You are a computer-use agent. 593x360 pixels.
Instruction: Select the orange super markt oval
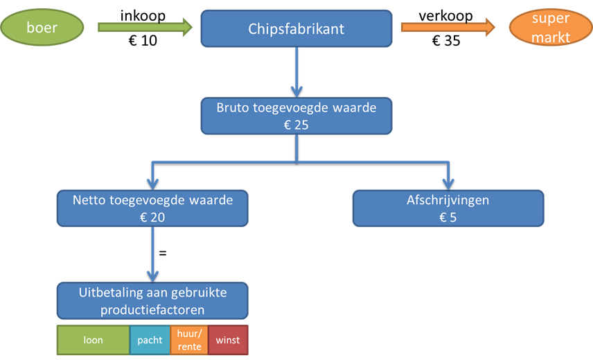551,28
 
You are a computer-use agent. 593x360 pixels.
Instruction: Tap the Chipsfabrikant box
296,29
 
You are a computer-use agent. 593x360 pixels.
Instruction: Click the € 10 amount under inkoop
143,42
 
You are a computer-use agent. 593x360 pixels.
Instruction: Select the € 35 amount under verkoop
445,42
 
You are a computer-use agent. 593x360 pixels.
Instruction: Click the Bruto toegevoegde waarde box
296,116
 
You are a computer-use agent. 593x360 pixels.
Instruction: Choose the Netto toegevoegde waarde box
152,208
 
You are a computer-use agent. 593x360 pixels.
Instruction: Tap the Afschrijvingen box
448,208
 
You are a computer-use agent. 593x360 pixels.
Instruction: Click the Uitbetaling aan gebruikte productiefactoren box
152,300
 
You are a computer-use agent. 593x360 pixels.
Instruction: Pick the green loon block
93,340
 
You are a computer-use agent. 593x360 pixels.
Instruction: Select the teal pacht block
150,340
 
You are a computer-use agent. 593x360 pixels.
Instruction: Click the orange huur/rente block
188,340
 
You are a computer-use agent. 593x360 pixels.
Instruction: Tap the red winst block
227,340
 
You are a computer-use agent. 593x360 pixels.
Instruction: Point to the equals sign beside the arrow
163,254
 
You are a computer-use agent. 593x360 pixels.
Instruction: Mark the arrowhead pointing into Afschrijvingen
448,183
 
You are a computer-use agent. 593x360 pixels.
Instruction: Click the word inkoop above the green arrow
143,15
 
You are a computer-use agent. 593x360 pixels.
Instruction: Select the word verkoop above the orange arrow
445,15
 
